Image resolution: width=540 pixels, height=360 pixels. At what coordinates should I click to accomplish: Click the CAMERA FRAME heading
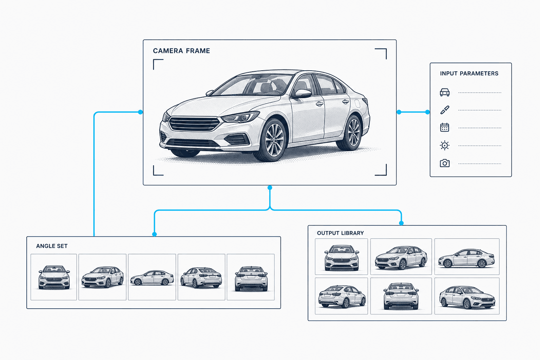pyautogui.click(x=181, y=51)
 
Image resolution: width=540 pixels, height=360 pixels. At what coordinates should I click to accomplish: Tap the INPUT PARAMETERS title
pyautogui.click(x=469, y=73)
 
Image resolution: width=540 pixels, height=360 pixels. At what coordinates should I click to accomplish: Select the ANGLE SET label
pyautogui.click(x=52, y=246)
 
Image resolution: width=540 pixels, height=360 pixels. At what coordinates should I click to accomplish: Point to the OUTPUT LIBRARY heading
pyautogui.click(x=340, y=233)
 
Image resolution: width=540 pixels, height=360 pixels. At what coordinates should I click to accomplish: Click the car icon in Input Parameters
pyautogui.click(x=444, y=92)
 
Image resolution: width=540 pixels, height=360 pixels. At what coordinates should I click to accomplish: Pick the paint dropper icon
pyautogui.click(x=444, y=110)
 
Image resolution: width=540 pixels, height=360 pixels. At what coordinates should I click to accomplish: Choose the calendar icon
pyautogui.click(x=444, y=128)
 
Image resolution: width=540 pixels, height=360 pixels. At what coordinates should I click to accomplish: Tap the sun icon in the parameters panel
pyautogui.click(x=444, y=146)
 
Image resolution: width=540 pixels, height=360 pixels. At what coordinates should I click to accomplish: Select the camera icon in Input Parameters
pyautogui.click(x=444, y=163)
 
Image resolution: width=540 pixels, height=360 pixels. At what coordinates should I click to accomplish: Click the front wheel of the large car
pyautogui.click(x=274, y=140)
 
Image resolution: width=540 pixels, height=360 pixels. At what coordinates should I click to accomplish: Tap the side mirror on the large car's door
pyautogui.click(x=302, y=93)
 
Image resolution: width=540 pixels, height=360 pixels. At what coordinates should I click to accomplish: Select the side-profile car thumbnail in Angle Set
pyautogui.click(x=152, y=277)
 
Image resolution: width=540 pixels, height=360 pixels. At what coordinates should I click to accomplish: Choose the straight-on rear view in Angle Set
pyautogui.click(x=251, y=277)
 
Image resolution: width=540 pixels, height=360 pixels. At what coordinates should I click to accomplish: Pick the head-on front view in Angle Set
pyautogui.click(x=54, y=277)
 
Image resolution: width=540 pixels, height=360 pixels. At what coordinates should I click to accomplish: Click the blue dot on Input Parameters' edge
pyautogui.click(x=427, y=112)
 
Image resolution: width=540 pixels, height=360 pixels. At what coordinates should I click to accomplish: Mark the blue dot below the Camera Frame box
pyautogui.click(x=270, y=188)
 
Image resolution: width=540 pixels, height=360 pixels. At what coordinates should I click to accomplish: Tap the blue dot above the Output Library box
pyautogui.click(x=401, y=223)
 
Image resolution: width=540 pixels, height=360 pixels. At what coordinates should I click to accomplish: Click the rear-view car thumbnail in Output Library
pyautogui.click(x=401, y=296)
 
